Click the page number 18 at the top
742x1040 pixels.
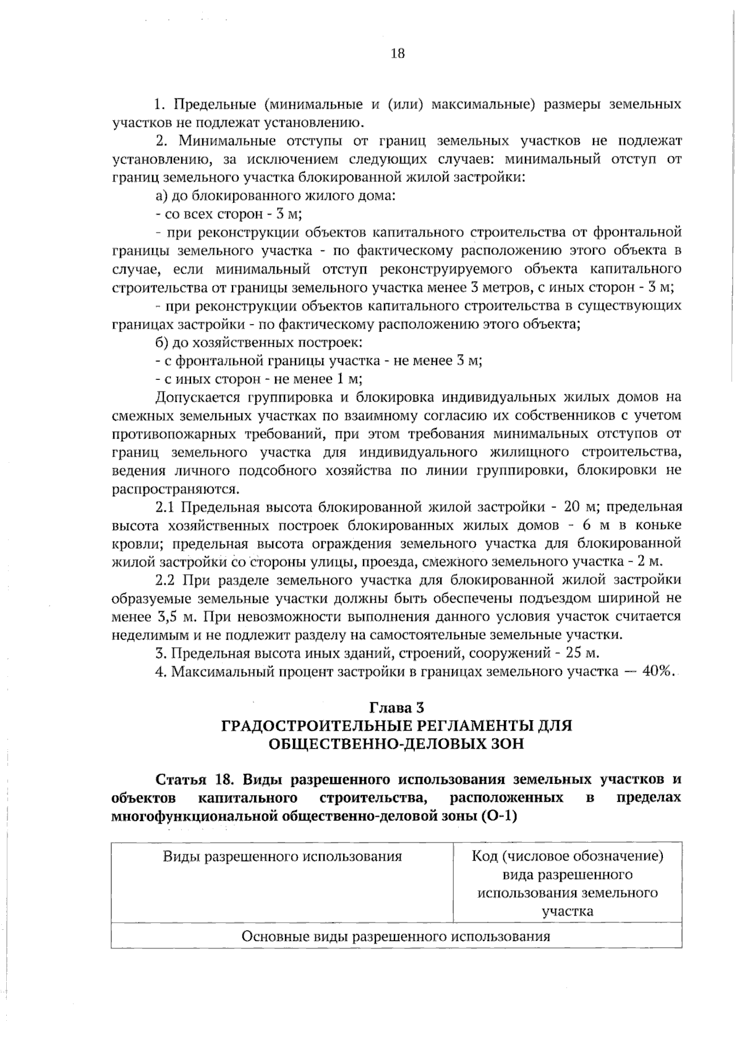(x=398, y=54)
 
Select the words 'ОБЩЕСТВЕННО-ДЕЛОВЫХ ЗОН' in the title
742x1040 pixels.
(x=396, y=744)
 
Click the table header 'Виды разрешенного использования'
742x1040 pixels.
(x=282, y=857)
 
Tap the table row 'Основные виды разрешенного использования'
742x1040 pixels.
(x=396, y=936)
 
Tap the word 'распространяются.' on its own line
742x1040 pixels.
(x=174, y=489)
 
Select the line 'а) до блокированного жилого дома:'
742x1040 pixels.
(x=275, y=197)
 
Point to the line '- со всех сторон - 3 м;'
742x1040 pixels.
(x=228, y=215)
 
